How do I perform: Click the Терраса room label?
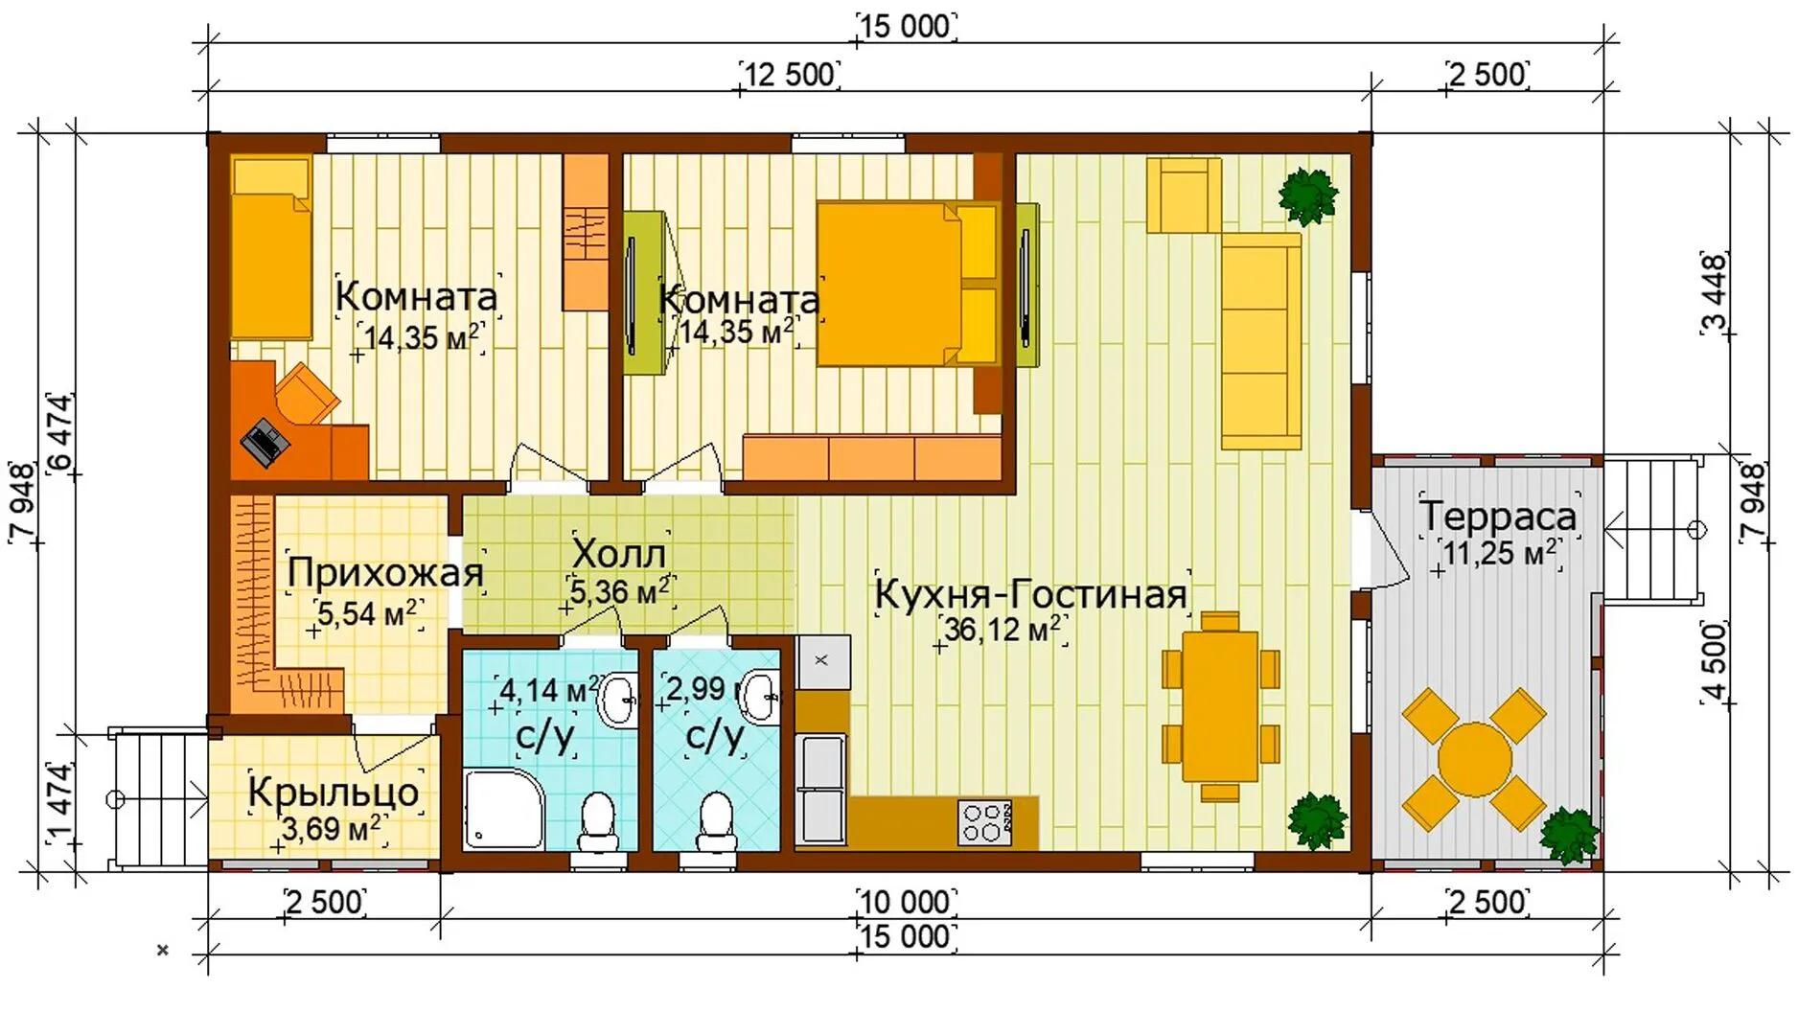click(1498, 516)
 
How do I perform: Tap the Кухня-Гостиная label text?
click(1031, 595)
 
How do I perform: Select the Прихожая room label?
click(385, 573)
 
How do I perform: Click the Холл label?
click(618, 553)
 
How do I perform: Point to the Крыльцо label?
click(334, 793)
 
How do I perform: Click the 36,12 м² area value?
click(1003, 630)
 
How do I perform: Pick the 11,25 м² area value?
click(1500, 553)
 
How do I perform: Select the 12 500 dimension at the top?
click(790, 74)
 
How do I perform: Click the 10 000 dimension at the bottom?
click(905, 902)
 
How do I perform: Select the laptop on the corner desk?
click(265, 442)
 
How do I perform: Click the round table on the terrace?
click(1475, 760)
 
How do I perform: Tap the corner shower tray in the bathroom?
click(504, 808)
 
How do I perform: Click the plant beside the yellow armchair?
click(1307, 195)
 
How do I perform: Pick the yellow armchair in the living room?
click(1185, 195)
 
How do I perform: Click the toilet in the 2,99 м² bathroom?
click(716, 822)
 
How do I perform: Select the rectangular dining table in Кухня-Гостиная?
click(1220, 706)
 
